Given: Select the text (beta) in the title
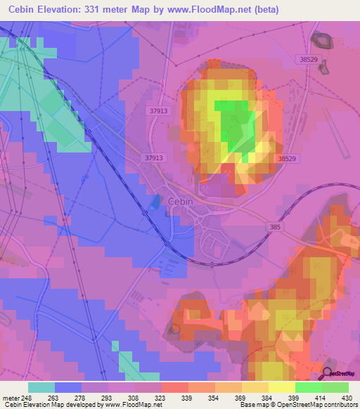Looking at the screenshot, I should (x=265, y=10).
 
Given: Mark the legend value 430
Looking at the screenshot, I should (x=347, y=397).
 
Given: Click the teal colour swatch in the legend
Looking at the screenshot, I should (x=41, y=387).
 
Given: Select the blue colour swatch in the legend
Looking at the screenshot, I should (x=68, y=387).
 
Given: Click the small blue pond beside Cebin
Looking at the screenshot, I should (x=155, y=202).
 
